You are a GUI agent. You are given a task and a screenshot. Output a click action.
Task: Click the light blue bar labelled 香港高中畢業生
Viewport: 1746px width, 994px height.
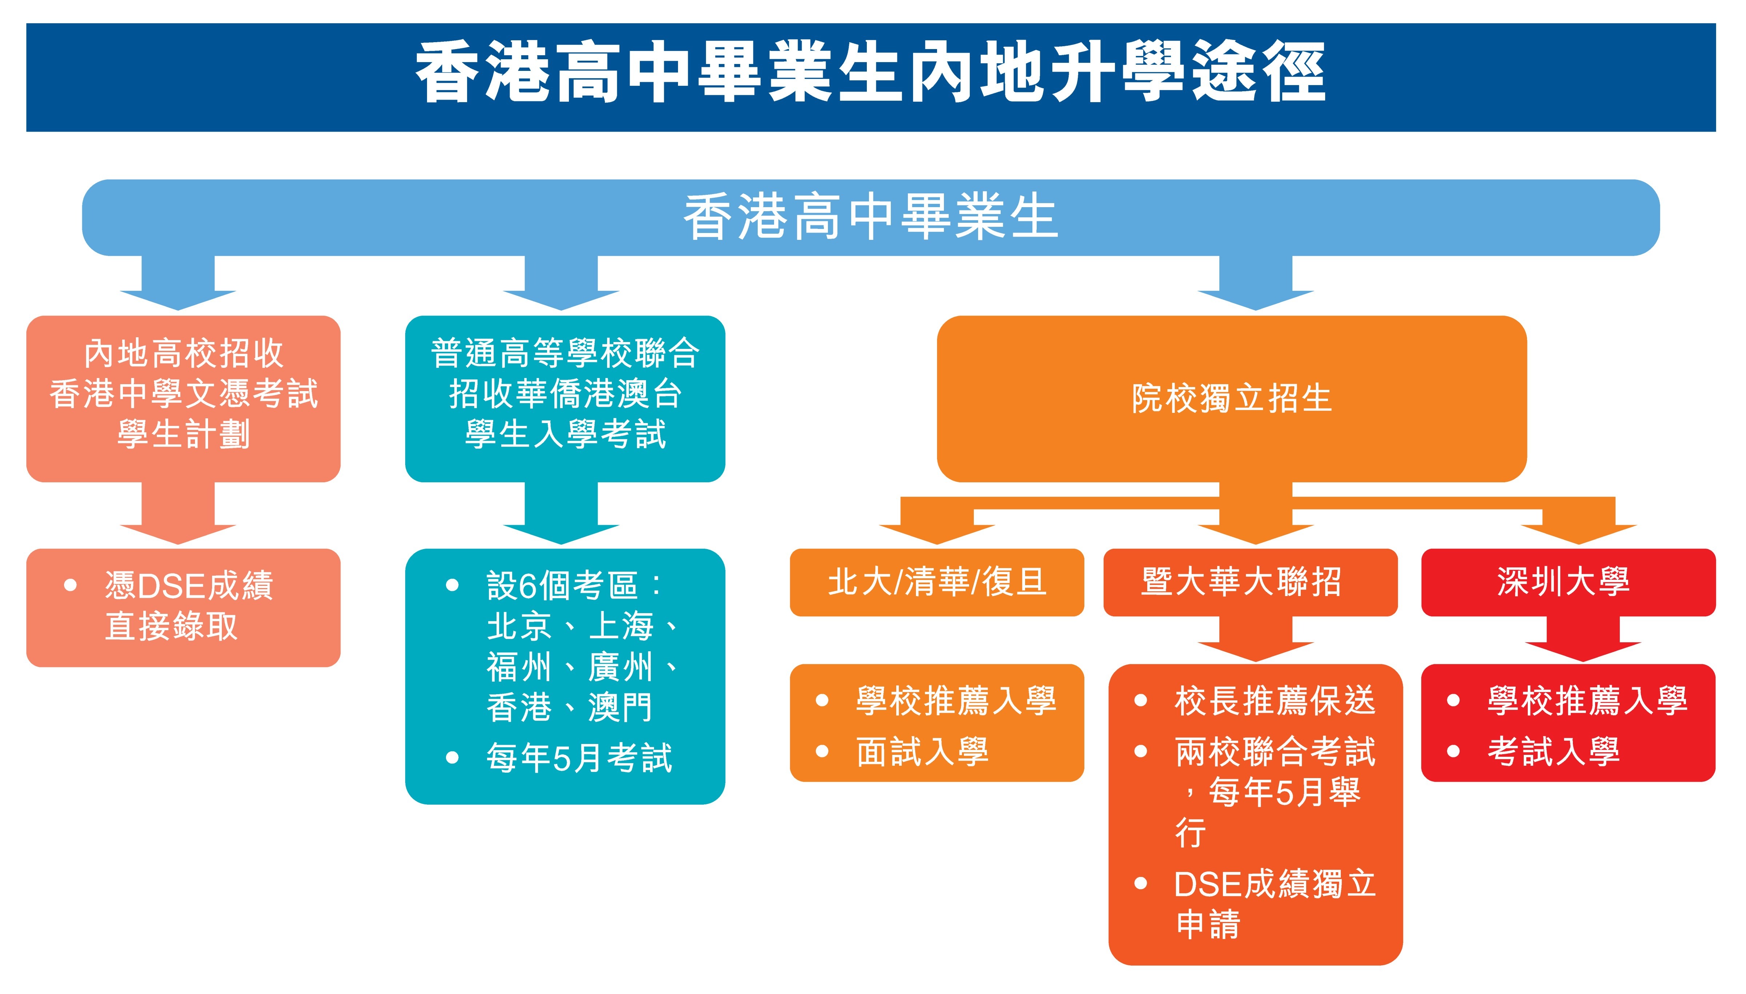[871, 217]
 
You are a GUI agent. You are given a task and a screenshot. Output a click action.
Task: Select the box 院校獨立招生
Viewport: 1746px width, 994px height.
[1232, 399]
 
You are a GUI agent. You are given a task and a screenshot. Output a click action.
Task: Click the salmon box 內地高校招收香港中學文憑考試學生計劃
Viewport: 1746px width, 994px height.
[183, 399]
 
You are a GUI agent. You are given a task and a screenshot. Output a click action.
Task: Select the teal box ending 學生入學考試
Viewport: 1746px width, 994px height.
[565, 399]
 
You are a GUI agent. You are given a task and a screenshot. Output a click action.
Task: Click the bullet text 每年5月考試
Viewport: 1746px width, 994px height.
[579, 758]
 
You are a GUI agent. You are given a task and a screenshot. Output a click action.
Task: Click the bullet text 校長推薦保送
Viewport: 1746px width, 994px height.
[1275, 700]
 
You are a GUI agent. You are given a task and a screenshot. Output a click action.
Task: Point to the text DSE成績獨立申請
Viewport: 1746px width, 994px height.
[1275, 904]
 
